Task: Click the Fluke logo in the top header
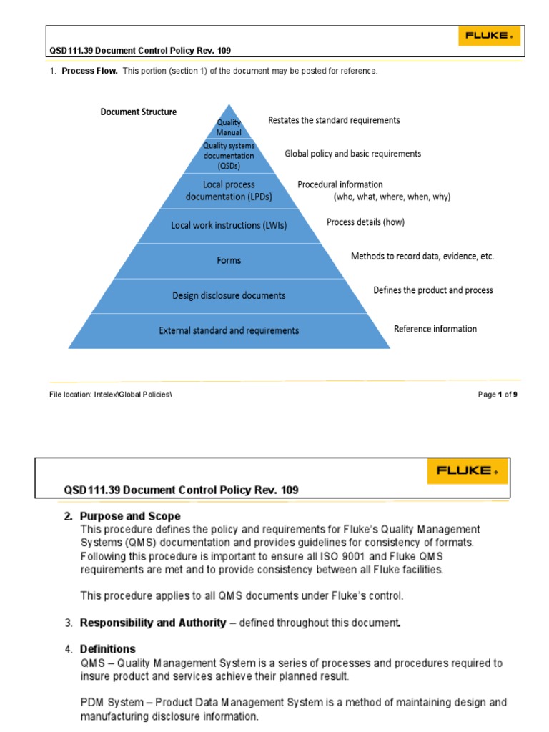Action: coord(488,35)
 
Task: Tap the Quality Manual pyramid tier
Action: coord(229,127)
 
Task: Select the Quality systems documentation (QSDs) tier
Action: coord(229,155)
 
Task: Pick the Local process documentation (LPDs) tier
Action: coord(229,190)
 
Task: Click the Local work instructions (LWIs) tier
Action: coord(229,225)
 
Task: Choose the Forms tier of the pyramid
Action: coord(229,260)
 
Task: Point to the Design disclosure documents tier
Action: coord(229,295)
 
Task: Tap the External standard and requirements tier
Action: coord(229,330)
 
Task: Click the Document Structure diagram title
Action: coord(138,112)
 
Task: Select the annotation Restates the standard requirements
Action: coord(334,120)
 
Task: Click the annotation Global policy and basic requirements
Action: coord(352,154)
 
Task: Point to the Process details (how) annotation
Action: coord(365,222)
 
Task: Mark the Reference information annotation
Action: coord(435,329)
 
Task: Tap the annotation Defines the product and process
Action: coord(432,290)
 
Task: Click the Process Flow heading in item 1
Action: coord(89,71)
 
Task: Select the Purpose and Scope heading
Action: coord(130,516)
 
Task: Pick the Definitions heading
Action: coord(107,649)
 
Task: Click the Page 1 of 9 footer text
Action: coord(498,394)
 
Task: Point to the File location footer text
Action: coord(110,394)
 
